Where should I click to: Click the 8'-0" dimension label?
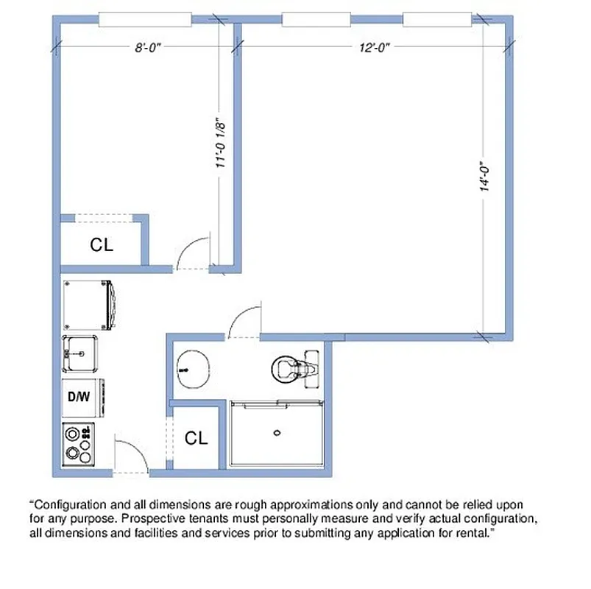(147, 48)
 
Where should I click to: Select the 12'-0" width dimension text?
(374, 48)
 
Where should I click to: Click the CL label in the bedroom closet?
(102, 245)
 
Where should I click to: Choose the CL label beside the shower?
(196, 439)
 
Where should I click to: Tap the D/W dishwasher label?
(79, 397)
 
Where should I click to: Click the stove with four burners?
(79, 444)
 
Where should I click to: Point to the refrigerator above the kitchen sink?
(86, 304)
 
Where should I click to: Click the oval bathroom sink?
(194, 366)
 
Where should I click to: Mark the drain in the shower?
(278, 433)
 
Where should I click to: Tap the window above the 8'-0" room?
(145, 20)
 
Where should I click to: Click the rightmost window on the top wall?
(437, 20)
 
